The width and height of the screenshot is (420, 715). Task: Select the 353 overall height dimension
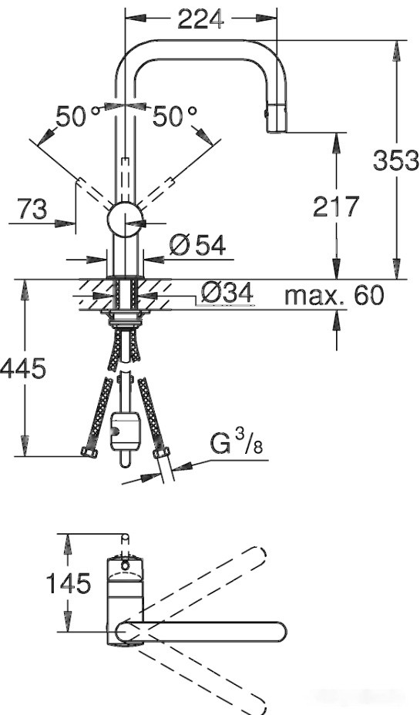(395, 160)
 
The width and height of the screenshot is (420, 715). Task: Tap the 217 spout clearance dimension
(337, 206)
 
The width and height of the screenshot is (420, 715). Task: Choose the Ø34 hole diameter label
(227, 293)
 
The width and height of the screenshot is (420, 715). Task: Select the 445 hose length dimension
(23, 368)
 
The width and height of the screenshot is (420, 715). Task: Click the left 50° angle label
(77, 116)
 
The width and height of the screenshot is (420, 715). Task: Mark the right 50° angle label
(174, 116)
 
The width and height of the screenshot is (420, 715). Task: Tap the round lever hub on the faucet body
(125, 221)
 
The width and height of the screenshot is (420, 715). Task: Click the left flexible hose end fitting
(88, 452)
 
